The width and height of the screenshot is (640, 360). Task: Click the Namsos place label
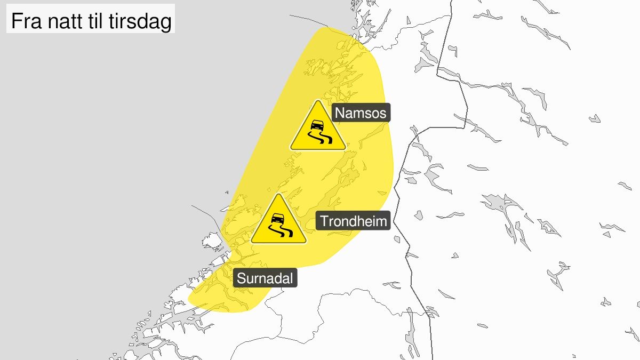(362, 114)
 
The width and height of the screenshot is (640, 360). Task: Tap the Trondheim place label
(354, 221)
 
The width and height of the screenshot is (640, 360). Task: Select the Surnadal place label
(266, 278)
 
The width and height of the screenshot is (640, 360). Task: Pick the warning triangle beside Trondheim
(278, 223)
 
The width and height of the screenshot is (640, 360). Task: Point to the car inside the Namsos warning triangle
(317, 125)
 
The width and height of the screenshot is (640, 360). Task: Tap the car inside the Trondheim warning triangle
(278, 218)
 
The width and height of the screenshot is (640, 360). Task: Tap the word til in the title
(97, 22)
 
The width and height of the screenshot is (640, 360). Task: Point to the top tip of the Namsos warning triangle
(318, 101)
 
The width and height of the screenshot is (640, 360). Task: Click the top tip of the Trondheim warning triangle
(278, 195)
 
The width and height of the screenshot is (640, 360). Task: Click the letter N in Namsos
(339, 114)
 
